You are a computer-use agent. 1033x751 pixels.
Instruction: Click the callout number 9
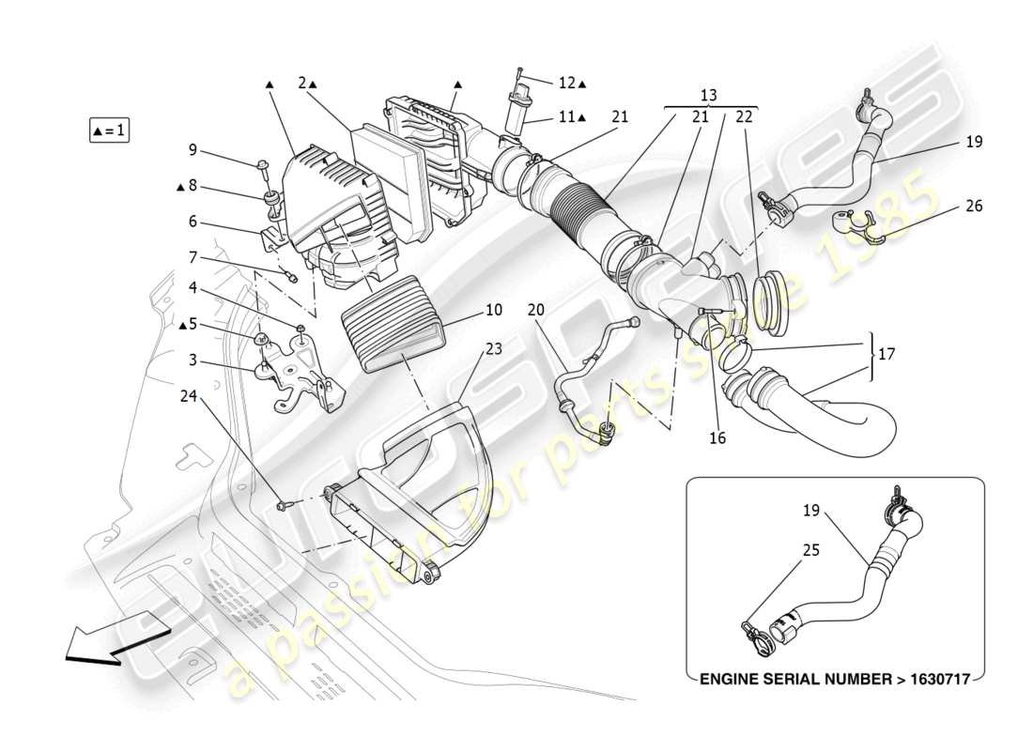pyautogui.click(x=192, y=149)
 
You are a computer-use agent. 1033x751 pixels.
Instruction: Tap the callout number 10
pyautogui.click(x=494, y=310)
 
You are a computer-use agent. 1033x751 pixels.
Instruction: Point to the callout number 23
pyautogui.click(x=494, y=347)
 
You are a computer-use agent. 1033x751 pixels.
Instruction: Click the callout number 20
pyautogui.click(x=535, y=311)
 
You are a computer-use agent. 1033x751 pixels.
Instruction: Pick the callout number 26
pyautogui.click(x=974, y=206)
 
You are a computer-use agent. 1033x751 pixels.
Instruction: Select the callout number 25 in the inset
pyautogui.click(x=810, y=550)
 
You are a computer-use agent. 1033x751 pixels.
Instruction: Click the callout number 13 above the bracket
pyautogui.click(x=708, y=96)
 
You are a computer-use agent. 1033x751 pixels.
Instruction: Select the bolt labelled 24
pyautogui.click(x=284, y=507)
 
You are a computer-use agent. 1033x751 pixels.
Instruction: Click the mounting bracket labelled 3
pyautogui.click(x=296, y=375)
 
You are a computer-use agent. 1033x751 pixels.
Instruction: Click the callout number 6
pyautogui.click(x=192, y=222)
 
